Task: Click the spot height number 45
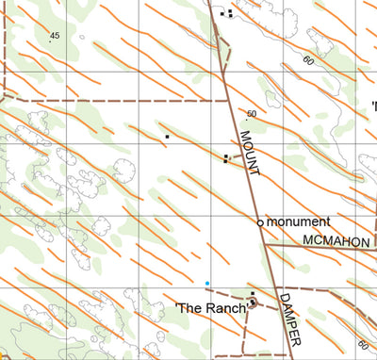54,35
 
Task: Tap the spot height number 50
251,114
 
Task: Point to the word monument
298,221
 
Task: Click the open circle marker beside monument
261,222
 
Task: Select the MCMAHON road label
336,242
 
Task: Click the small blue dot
207,283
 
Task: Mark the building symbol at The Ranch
253,303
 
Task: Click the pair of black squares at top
226,13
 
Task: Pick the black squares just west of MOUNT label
225,158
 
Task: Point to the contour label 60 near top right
308,59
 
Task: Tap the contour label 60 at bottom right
363,345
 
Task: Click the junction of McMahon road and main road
267,245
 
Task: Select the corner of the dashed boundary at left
4,99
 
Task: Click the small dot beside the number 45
49,41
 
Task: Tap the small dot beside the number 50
246,120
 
